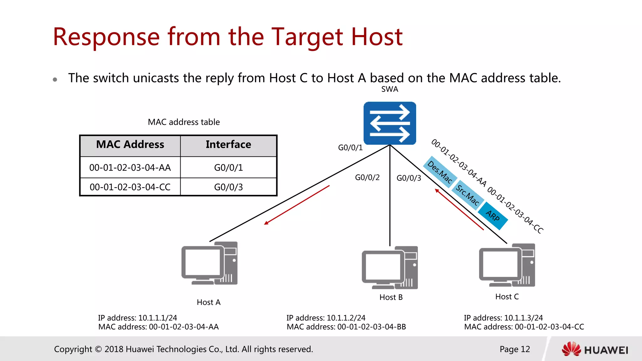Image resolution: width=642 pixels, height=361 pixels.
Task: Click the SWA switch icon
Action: (x=390, y=123)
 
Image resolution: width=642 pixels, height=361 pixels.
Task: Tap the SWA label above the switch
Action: (x=390, y=89)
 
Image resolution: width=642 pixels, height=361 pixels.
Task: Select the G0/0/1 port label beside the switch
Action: (x=350, y=148)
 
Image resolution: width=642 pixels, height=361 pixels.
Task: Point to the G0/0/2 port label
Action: (x=367, y=178)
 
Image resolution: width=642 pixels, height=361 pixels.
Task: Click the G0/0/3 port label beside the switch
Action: (x=409, y=178)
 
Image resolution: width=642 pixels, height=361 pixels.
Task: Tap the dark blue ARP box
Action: (x=493, y=216)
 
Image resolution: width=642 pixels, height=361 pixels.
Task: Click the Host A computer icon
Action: (x=209, y=263)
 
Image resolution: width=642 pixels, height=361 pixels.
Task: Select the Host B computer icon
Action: (x=390, y=268)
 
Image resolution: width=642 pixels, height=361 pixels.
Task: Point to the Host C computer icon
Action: (x=507, y=265)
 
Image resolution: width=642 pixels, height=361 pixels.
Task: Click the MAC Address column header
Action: (x=130, y=144)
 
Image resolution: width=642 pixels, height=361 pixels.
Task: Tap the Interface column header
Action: (x=228, y=144)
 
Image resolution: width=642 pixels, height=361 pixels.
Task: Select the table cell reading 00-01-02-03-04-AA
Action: (x=130, y=168)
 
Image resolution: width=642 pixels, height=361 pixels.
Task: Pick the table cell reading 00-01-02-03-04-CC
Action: (x=130, y=187)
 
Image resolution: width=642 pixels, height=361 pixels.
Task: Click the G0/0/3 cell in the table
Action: (x=228, y=187)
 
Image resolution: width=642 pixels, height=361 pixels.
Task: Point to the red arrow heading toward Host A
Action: (x=297, y=205)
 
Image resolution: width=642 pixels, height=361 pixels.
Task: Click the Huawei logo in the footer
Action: (x=595, y=349)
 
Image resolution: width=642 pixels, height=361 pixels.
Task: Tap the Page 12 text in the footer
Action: (x=515, y=349)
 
